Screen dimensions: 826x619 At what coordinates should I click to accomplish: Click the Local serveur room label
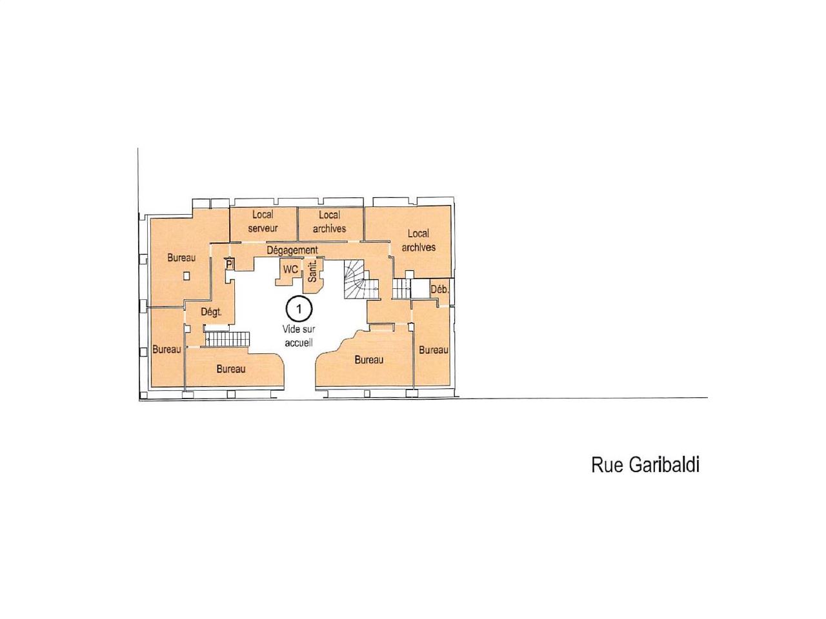click(263, 221)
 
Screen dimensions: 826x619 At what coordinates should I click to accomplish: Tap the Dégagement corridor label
click(292, 250)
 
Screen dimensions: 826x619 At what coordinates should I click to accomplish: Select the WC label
click(290, 269)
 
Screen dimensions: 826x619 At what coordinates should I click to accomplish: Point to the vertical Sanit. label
click(312, 271)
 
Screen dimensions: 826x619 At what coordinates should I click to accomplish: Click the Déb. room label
click(439, 290)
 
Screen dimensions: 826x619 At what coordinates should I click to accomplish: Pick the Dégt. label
click(211, 312)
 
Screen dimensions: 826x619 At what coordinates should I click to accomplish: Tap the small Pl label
click(229, 264)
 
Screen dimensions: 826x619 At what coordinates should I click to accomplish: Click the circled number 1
click(299, 309)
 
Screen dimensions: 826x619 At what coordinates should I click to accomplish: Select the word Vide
click(290, 329)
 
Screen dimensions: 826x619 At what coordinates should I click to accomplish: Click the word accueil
click(299, 343)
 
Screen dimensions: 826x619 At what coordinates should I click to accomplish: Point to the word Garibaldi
click(663, 465)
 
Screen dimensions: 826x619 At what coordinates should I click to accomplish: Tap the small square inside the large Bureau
click(186, 276)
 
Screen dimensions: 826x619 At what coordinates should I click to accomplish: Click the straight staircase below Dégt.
click(227, 339)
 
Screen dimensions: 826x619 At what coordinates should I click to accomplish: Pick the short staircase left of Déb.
click(401, 289)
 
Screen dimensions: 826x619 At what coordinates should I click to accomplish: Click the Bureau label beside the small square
click(181, 258)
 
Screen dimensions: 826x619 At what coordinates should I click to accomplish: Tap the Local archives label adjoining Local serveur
click(329, 222)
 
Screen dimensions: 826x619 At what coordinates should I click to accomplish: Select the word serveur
click(263, 228)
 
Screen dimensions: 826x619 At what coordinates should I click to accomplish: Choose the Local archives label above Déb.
click(418, 241)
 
